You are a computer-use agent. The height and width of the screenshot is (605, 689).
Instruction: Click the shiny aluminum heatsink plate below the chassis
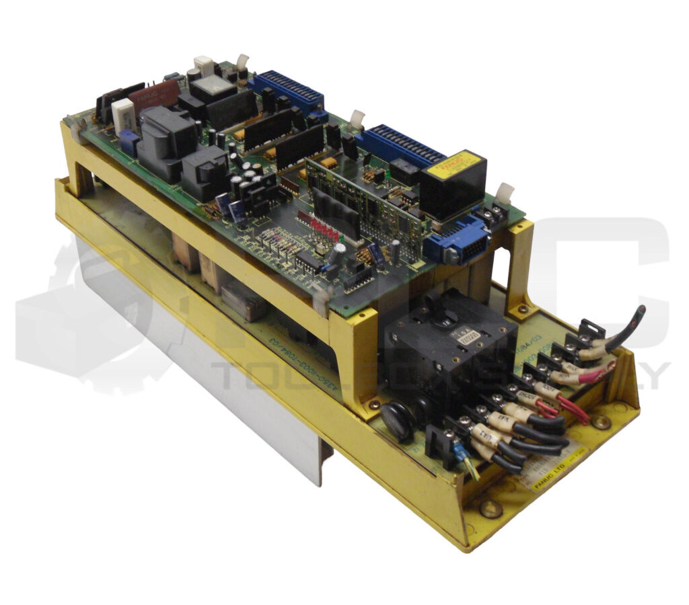(202, 383)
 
